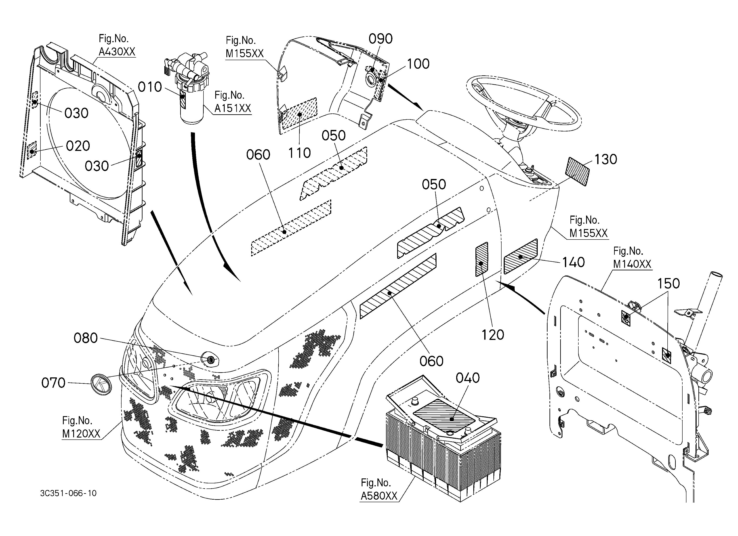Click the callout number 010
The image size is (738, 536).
(150, 87)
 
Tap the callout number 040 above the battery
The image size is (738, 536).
(468, 378)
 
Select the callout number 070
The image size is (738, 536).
(53, 383)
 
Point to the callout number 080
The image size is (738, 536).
(86, 338)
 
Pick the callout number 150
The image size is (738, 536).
(669, 283)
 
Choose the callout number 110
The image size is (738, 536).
(299, 153)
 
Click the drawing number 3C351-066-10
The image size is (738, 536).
(68, 493)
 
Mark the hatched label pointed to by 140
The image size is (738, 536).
(521, 256)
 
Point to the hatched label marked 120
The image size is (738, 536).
(482, 259)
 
